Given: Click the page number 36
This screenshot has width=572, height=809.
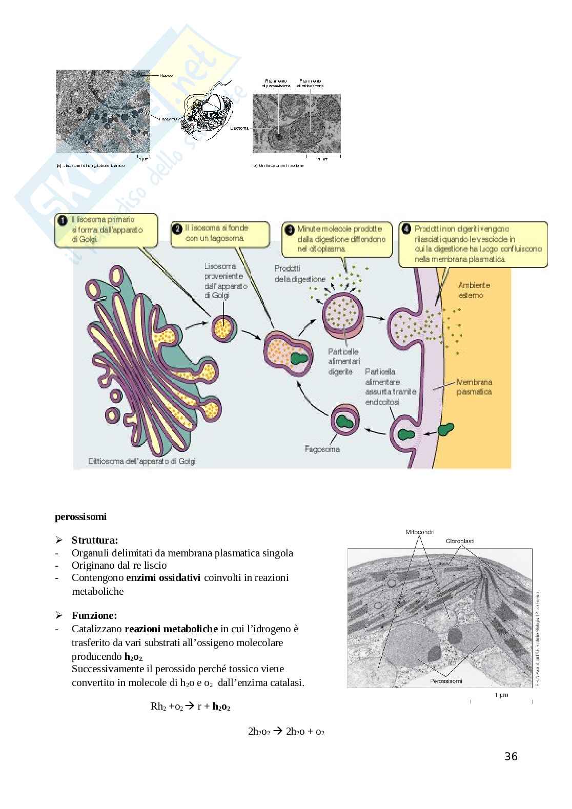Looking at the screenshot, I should pyautogui.click(x=511, y=756).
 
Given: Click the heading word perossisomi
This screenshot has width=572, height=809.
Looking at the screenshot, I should pyautogui.click(x=80, y=516).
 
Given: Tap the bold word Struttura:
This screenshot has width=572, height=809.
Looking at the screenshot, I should pyautogui.click(x=95, y=540).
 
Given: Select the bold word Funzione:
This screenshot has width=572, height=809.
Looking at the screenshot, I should pyautogui.click(x=94, y=615).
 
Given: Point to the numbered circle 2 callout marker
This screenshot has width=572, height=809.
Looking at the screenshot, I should pyautogui.click(x=177, y=229).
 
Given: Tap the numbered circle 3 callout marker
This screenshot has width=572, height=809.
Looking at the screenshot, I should pyautogui.click(x=290, y=229).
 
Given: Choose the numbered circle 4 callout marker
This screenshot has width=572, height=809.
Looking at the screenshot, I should pyautogui.click(x=406, y=229).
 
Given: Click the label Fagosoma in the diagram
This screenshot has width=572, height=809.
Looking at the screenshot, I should pyautogui.click(x=322, y=449).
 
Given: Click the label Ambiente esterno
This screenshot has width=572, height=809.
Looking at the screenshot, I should pyautogui.click(x=474, y=290).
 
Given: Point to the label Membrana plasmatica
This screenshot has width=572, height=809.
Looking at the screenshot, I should pyautogui.click(x=474, y=387).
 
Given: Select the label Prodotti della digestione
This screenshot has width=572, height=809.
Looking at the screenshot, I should pyautogui.click(x=300, y=274).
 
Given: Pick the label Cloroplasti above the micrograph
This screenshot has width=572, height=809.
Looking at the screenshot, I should pyautogui.click(x=460, y=541).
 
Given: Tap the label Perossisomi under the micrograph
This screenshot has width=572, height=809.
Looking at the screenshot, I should pyautogui.click(x=445, y=681).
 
